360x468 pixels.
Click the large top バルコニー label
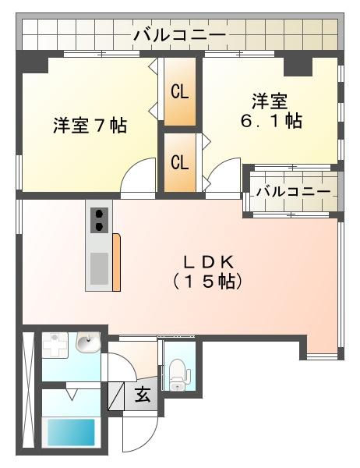[179, 36]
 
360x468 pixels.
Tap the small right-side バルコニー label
[294, 191]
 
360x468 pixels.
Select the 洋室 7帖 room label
[90, 126]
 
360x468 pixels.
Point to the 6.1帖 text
[271, 121]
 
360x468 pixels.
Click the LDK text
[208, 262]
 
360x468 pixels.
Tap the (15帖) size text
[207, 281]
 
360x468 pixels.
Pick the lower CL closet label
[179, 162]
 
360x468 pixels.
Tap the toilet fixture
[179, 374]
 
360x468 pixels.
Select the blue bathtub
[71, 432]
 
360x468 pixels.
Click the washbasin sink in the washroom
[88, 342]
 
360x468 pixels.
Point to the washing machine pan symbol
[55, 345]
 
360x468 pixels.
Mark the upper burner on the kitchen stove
[99, 214]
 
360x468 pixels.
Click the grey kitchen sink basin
[99, 268]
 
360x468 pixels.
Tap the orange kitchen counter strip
[116, 262]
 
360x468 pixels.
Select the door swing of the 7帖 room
[139, 175]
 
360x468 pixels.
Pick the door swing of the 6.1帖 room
[224, 175]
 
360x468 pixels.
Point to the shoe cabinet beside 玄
[116, 395]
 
